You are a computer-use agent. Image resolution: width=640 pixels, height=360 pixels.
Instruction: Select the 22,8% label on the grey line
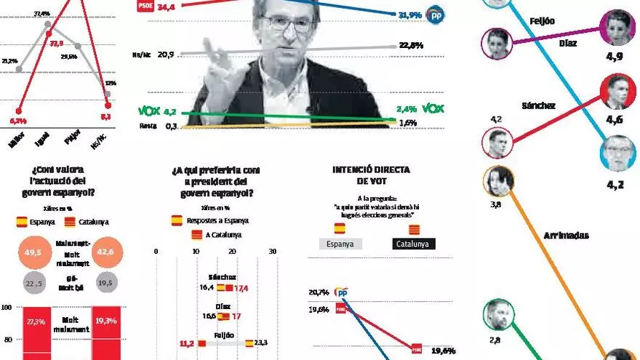pyautogui.click(x=412, y=46)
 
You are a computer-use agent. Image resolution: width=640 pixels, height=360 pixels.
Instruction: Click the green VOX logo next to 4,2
pyautogui.click(x=148, y=112)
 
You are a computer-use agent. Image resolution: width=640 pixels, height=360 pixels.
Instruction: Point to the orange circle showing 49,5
pyautogui.click(x=30, y=252)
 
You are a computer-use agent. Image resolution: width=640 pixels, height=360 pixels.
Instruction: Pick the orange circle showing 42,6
pyautogui.click(x=106, y=252)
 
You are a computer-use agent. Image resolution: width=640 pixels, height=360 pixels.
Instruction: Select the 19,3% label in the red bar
pyautogui.click(x=106, y=321)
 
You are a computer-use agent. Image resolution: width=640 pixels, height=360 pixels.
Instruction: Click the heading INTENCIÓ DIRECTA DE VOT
pyautogui.click(x=371, y=175)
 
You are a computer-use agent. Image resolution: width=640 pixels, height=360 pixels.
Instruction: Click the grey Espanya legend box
pyautogui.click(x=340, y=244)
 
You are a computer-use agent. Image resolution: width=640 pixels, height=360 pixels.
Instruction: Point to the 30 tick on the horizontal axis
pyautogui.click(x=273, y=252)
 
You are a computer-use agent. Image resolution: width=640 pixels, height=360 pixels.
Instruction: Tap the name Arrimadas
pyautogui.click(x=565, y=236)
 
